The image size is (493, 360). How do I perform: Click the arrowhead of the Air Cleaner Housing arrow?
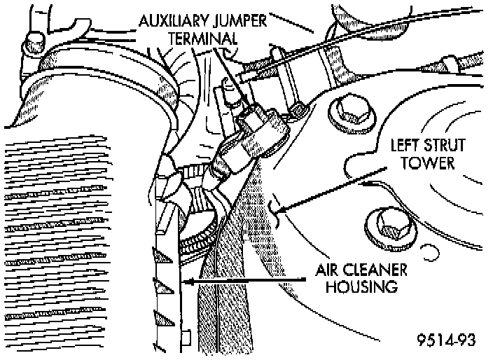point(185,280)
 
